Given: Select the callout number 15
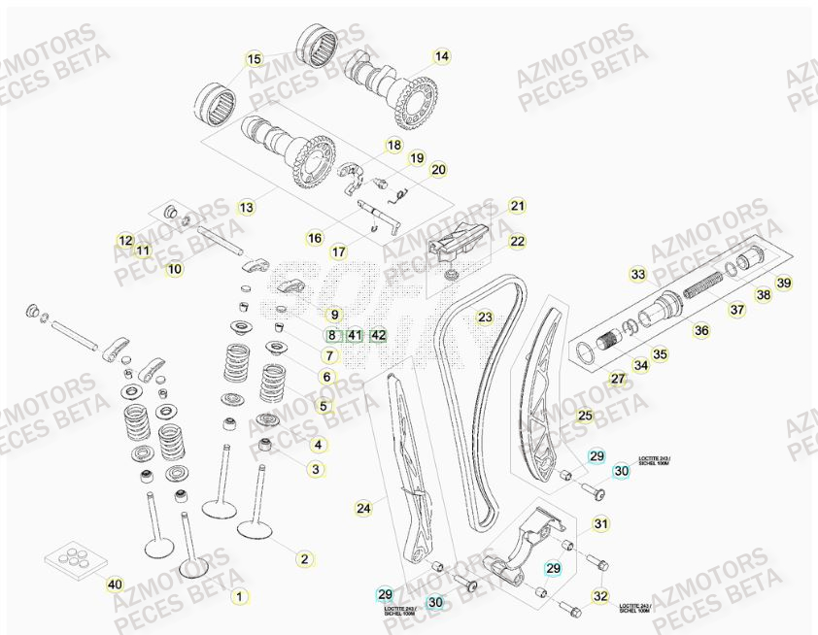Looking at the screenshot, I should tap(254, 59).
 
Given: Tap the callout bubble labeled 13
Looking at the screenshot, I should tap(246, 207).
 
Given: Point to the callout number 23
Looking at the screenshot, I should tap(484, 317).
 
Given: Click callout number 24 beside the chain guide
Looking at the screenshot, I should tap(363, 508).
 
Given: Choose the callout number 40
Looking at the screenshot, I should tap(115, 585).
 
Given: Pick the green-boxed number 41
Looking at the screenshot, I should tap(355, 336).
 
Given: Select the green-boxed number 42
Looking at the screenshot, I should tap(379, 336).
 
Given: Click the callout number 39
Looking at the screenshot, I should tap(784, 283).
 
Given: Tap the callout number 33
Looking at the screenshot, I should tap(637, 275).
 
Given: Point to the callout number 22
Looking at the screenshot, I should tap(517, 241).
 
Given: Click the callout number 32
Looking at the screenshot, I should tap(601, 596).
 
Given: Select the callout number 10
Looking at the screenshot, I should tap(174, 269).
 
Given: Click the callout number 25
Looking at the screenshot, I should tap(584, 417).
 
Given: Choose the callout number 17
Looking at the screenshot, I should tap(338, 252).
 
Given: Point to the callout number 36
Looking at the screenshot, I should tap(700, 330).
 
